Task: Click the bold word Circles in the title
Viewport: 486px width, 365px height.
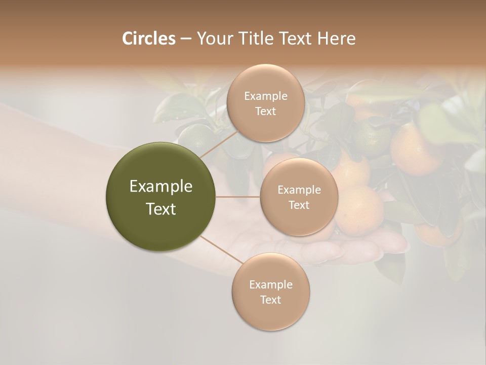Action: click(148, 39)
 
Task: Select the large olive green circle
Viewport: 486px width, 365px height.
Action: click(160, 197)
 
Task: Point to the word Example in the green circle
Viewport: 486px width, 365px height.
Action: click(161, 187)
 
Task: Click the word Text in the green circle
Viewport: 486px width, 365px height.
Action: click(161, 209)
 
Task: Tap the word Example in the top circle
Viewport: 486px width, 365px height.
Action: click(266, 96)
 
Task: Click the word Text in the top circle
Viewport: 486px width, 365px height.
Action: click(266, 112)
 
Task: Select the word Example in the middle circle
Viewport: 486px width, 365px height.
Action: click(299, 190)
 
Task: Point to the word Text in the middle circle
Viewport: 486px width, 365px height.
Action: click(299, 205)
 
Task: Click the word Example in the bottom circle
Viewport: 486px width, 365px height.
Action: click(271, 284)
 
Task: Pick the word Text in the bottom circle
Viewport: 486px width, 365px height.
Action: click(271, 300)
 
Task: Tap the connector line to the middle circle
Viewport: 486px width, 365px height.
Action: click(238, 197)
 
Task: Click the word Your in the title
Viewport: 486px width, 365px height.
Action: click(213, 39)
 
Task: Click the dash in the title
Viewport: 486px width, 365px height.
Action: click(185, 39)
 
